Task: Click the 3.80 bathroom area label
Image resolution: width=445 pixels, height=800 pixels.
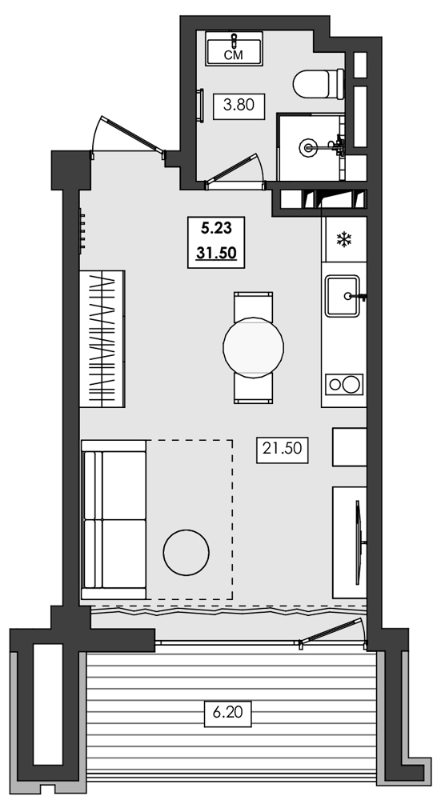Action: point(239,106)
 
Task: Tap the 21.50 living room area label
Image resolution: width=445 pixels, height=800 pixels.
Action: point(283,449)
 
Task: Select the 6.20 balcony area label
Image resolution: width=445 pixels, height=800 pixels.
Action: point(228,712)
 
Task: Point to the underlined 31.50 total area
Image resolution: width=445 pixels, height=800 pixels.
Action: point(216,252)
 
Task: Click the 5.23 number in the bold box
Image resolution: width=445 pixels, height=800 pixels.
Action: point(216,229)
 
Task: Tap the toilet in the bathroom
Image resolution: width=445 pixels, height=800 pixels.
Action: point(319,84)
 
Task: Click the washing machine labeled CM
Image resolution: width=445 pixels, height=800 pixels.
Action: point(234,49)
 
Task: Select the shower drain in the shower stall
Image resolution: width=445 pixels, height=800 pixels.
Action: point(308,148)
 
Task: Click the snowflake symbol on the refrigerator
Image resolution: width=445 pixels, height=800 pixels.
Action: point(344,238)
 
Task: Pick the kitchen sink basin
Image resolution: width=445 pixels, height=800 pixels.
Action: point(343,296)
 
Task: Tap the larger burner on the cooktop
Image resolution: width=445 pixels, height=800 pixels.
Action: point(351,384)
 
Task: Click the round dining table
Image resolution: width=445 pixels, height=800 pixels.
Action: point(253,347)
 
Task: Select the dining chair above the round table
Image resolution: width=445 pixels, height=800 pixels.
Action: point(253,306)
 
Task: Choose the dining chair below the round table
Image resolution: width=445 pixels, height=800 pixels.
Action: point(253,389)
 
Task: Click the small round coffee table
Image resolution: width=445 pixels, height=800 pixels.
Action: point(186,553)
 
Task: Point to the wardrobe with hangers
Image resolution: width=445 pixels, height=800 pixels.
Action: point(102,338)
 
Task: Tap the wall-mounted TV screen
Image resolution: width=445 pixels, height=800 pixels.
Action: point(359,542)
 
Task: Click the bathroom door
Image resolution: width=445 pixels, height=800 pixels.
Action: point(234,170)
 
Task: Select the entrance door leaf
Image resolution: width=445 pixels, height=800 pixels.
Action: point(133,134)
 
